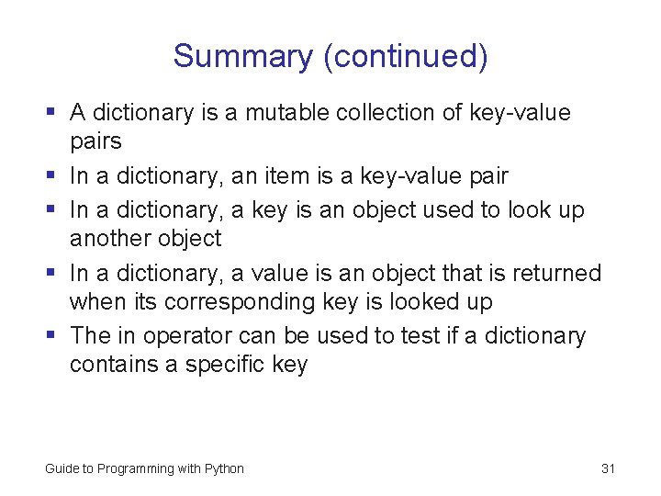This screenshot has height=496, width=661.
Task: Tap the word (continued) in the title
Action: pyautogui.click(x=405, y=57)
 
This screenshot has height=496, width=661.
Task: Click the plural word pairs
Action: pyautogui.click(x=95, y=142)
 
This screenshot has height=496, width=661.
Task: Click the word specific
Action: pyautogui.click(x=225, y=365)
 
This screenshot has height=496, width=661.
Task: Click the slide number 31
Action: pyautogui.click(x=608, y=468)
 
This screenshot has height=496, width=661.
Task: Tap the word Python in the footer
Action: pyautogui.click(x=224, y=468)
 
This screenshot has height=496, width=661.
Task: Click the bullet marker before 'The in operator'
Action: pyautogui.click(x=53, y=336)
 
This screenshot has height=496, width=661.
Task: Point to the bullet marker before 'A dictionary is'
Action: pyautogui.click(x=53, y=113)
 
